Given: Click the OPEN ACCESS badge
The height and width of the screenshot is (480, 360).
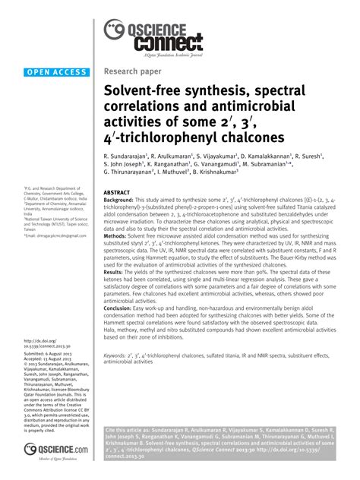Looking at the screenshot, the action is point(56,73).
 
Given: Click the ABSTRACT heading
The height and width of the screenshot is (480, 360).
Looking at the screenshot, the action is point(118,194).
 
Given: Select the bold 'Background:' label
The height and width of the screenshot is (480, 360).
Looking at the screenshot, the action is point(121,201).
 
